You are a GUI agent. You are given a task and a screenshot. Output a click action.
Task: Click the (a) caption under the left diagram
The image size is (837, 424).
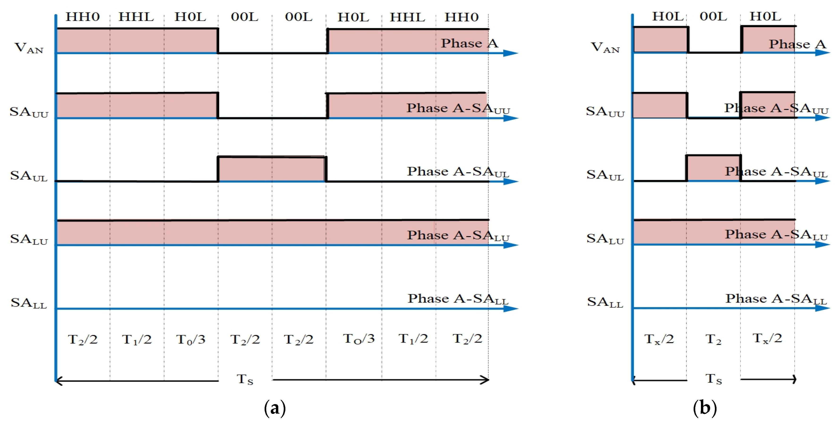coord(275,408)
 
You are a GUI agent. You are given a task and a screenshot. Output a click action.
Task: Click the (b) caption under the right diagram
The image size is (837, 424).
coord(704,408)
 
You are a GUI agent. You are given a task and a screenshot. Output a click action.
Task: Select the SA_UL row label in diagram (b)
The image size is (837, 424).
coord(605,175)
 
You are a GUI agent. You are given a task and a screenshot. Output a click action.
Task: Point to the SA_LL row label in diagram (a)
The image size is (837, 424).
coord(29,303)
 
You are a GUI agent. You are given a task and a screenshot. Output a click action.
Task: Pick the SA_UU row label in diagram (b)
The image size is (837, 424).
coord(605,112)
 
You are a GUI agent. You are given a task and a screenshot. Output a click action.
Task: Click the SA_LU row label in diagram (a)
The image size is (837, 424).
coord(29,239)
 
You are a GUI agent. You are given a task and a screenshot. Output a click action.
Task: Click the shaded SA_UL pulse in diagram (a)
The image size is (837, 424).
coord(272,169)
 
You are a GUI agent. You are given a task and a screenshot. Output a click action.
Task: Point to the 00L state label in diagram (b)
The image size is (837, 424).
coord(713,16)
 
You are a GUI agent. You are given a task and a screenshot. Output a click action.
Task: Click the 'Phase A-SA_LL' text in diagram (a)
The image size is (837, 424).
coord(458,299)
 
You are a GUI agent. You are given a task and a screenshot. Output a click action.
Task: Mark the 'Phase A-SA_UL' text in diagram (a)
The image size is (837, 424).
coord(458,172)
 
